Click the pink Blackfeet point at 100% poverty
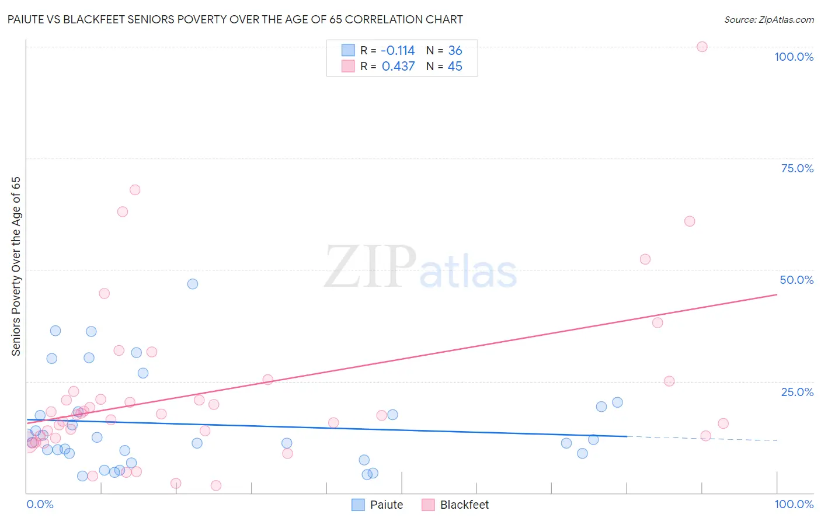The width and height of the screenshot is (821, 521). tap(702, 47)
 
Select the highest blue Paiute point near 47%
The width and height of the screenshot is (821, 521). tap(193, 284)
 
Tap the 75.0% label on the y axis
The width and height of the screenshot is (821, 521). tap(797, 168)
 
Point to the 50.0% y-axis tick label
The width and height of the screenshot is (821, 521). tap(796, 280)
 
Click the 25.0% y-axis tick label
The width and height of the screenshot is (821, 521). tap(797, 392)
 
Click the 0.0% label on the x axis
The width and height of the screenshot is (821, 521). tap(40, 504)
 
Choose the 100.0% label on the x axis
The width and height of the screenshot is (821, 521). tap(794, 504)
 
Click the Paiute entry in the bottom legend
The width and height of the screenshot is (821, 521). tap(386, 505)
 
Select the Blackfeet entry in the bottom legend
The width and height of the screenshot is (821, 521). tap(464, 505)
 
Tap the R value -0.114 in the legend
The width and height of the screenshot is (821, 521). tap(398, 51)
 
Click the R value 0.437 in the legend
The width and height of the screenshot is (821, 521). tap(398, 67)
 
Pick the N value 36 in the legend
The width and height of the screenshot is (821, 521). tap(455, 51)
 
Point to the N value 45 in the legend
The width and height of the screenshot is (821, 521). tap(455, 67)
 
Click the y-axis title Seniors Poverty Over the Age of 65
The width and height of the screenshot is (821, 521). tap(16, 266)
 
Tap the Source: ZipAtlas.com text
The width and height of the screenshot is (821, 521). tap(768, 20)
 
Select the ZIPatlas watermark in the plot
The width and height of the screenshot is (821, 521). tap(420, 268)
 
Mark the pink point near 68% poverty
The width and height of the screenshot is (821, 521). tap(135, 190)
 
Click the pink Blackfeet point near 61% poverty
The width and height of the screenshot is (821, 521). tap(690, 221)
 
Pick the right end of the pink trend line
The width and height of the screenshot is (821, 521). tap(777, 295)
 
